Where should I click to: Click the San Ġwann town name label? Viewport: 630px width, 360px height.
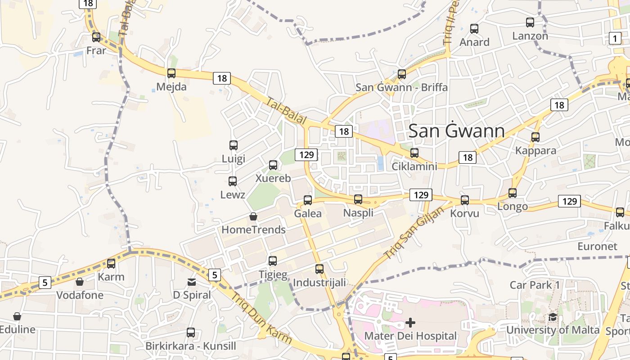(456, 131)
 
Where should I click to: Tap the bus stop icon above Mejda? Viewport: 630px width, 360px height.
(171, 73)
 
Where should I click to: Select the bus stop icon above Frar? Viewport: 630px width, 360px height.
(96, 37)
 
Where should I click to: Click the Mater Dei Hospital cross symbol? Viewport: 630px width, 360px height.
(410, 322)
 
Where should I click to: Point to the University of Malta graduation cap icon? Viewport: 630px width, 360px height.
(553, 317)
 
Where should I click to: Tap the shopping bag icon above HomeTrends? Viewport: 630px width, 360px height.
(253, 216)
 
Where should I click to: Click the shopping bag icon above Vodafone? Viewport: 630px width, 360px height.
(80, 282)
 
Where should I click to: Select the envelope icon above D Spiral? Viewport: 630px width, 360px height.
(192, 282)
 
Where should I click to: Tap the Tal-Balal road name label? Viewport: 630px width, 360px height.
(286, 111)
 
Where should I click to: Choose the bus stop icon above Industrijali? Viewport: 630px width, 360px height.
(319, 269)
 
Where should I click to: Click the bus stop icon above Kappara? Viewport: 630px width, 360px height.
(535, 137)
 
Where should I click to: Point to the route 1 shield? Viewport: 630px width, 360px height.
(615, 38)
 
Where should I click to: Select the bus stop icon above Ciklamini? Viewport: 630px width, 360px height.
(414, 153)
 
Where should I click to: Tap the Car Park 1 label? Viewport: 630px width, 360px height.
(535, 285)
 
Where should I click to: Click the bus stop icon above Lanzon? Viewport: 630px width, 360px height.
(530, 22)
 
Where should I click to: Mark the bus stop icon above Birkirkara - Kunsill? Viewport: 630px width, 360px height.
(191, 333)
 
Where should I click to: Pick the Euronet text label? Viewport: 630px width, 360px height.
(598, 247)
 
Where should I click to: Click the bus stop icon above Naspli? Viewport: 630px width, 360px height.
(358, 199)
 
